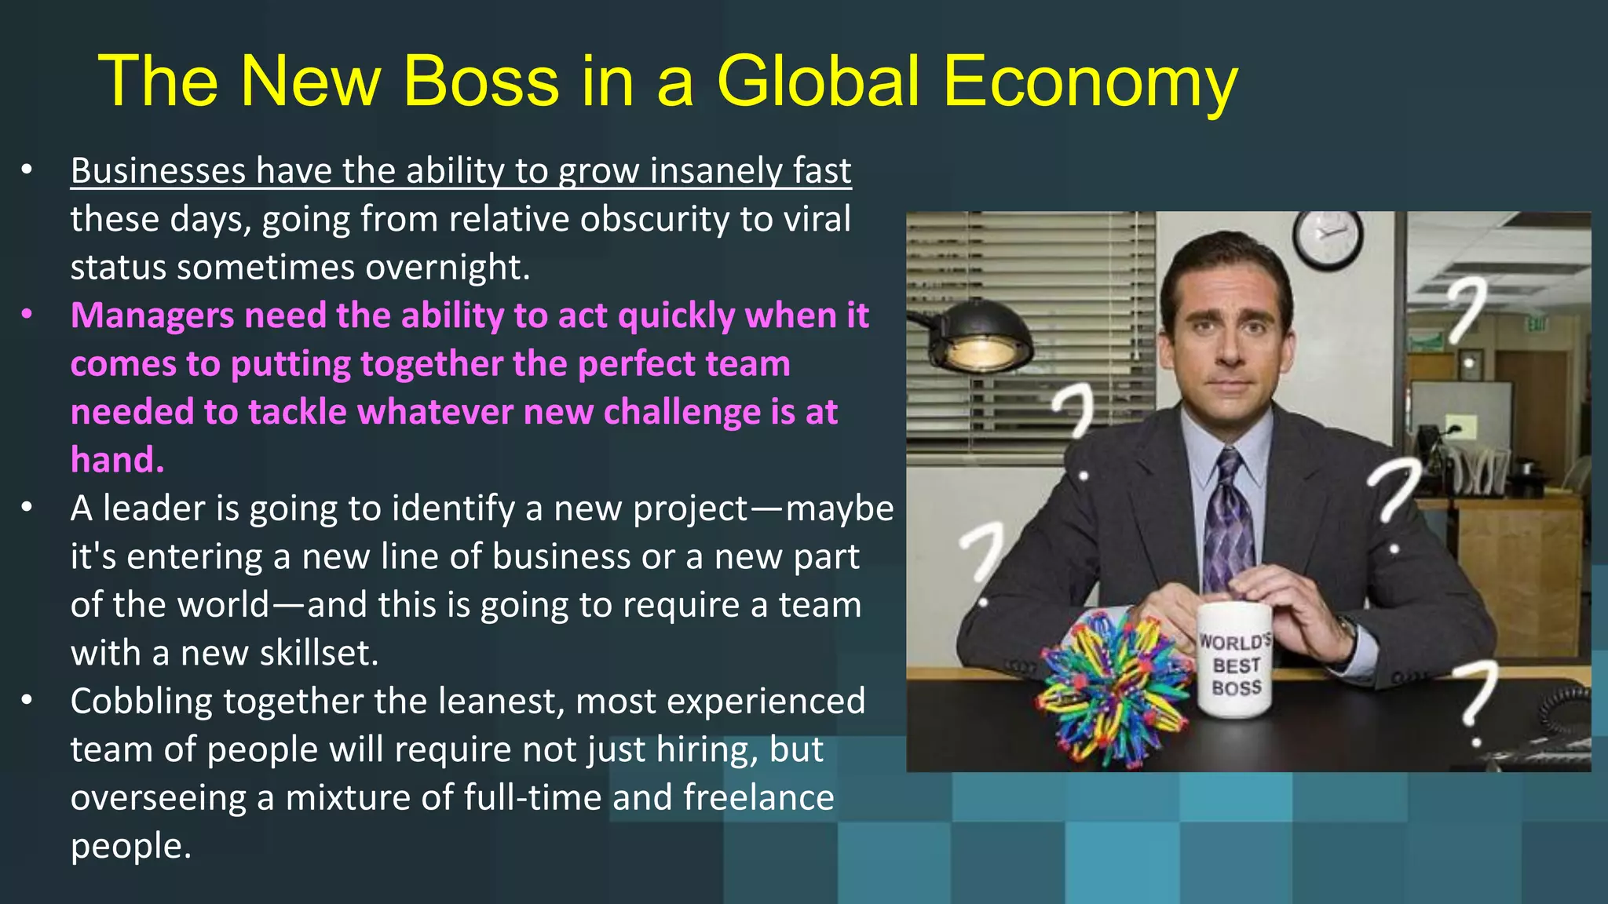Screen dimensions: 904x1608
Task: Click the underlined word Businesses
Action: point(158,171)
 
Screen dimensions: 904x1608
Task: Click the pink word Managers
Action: point(152,315)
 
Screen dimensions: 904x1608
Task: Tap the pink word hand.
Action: point(117,460)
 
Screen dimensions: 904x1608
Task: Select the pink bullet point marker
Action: point(27,315)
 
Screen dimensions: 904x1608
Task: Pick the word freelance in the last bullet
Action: point(758,798)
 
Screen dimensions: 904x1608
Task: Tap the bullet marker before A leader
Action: point(27,508)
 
